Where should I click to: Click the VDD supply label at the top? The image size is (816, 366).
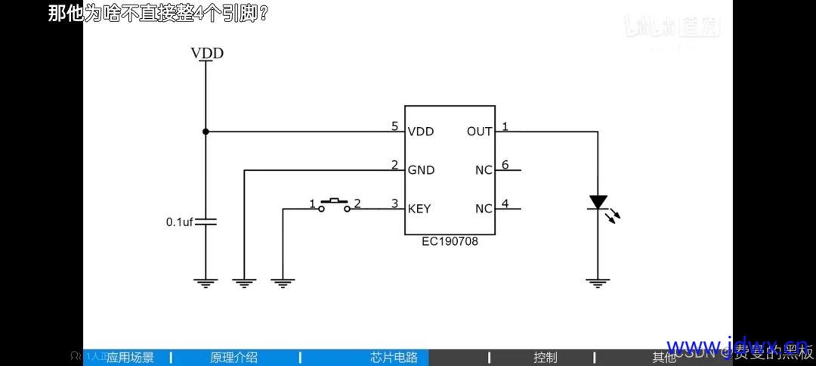pyautogui.click(x=206, y=53)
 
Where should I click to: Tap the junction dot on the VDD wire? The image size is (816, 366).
pyautogui.click(x=206, y=132)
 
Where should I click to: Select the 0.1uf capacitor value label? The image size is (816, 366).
pyautogui.click(x=180, y=222)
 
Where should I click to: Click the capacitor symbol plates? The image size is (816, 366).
pyautogui.click(x=206, y=222)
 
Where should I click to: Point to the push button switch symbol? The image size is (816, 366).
pyautogui.click(x=334, y=204)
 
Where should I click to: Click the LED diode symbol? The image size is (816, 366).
pyautogui.click(x=598, y=203)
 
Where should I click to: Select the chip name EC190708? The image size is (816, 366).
pyautogui.click(x=450, y=242)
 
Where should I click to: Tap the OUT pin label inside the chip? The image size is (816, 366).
pyautogui.click(x=480, y=132)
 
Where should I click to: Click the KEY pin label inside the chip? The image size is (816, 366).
pyautogui.click(x=419, y=209)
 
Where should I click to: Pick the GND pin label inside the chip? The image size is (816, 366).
pyautogui.click(x=421, y=170)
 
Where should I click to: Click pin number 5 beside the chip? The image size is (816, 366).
pyautogui.click(x=394, y=126)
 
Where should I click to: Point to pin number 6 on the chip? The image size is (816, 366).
pyautogui.click(x=505, y=165)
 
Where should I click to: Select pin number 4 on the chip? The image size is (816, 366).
pyautogui.click(x=505, y=203)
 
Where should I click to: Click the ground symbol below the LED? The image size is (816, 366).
pyautogui.click(x=598, y=283)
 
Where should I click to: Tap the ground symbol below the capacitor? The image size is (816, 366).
pyautogui.click(x=206, y=283)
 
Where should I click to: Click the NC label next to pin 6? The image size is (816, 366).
pyautogui.click(x=484, y=170)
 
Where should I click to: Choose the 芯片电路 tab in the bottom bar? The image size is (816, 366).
pyautogui.click(x=394, y=358)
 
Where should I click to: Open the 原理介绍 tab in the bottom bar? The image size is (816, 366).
pyautogui.click(x=233, y=358)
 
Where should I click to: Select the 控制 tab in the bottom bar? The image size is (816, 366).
pyautogui.click(x=545, y=358)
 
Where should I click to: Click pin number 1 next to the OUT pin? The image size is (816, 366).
pyautogui.click(x=505, y=126)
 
